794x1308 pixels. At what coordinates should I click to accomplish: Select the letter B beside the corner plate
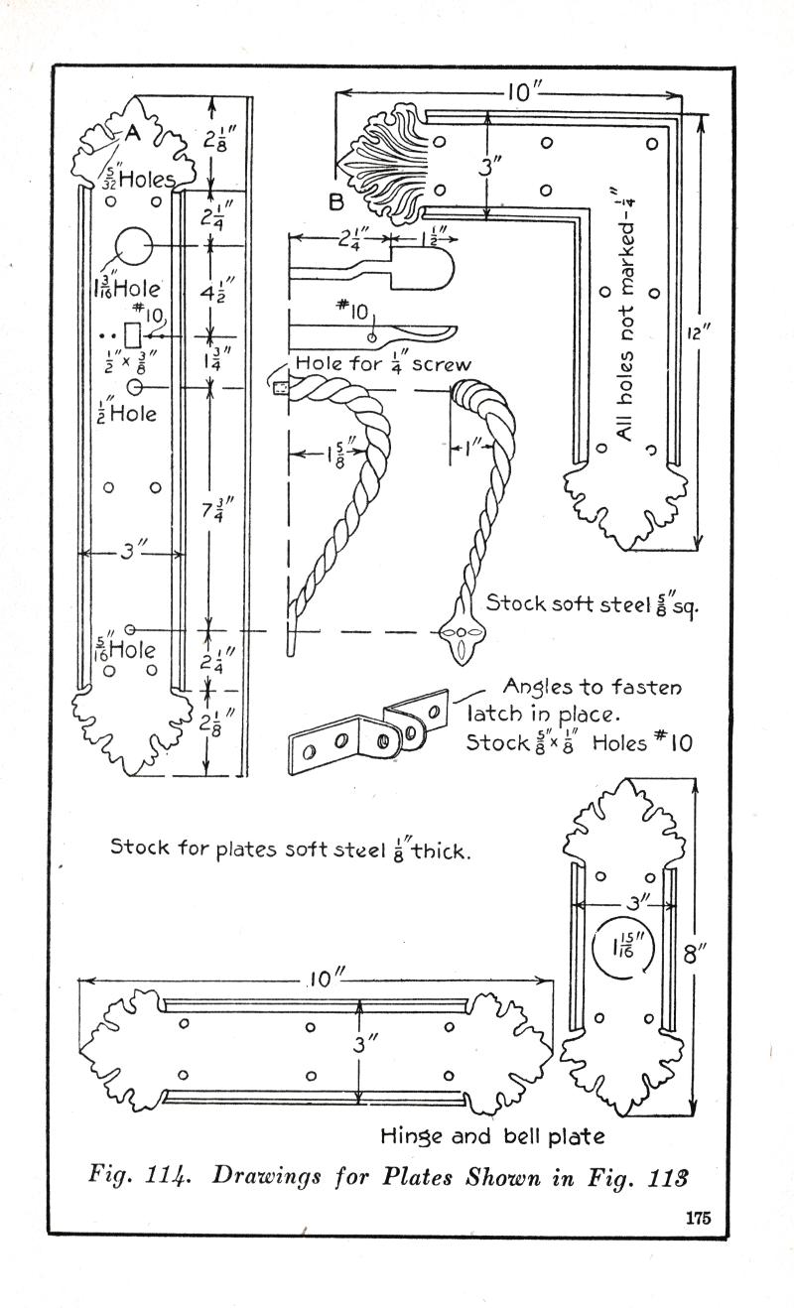(x=336, y=203)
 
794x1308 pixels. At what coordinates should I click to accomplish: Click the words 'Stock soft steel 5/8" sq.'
(x=592, y=602)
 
